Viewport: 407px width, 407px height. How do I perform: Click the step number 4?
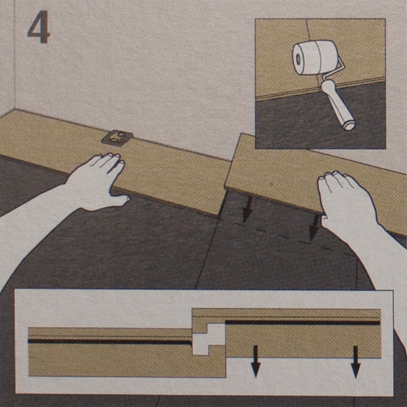tap(39, 27)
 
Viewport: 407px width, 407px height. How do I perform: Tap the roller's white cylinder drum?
tap(315, 57)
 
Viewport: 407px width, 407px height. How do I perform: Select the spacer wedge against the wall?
tap(117, 138)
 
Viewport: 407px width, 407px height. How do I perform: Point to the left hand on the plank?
tap(98, 182)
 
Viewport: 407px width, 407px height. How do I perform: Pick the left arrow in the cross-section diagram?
tap(256, 361)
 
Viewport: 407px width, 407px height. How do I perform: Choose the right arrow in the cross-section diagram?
tap(356, 362)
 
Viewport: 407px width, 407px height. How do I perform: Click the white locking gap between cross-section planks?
tap(209, 339)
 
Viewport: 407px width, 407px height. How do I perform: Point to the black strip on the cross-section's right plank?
tap(303, 323)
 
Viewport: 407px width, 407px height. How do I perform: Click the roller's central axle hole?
tap(298, 59)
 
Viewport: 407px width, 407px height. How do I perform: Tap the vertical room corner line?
tap(15, 55)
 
